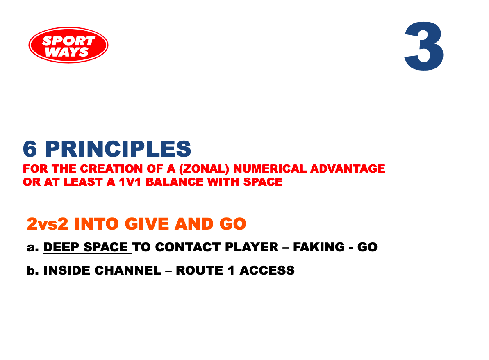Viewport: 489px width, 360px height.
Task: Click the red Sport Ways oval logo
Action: pos(68,45)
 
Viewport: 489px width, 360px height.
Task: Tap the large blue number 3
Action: pos(424,46)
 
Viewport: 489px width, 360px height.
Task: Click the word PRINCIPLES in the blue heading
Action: pos(118,149)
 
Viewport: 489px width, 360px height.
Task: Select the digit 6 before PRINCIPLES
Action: pos(30,149)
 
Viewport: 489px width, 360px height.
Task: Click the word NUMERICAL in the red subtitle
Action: pos(270,169)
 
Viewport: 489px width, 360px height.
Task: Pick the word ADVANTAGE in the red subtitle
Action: pos(348,169)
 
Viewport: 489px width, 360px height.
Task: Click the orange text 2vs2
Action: pos(48,224)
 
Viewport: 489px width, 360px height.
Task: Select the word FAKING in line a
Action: pos(319,247)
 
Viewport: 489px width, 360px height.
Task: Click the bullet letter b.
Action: pos(33,270)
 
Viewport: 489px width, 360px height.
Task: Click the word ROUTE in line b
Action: pos(200,270)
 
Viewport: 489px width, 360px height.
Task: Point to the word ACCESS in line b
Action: pos(267,270)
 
